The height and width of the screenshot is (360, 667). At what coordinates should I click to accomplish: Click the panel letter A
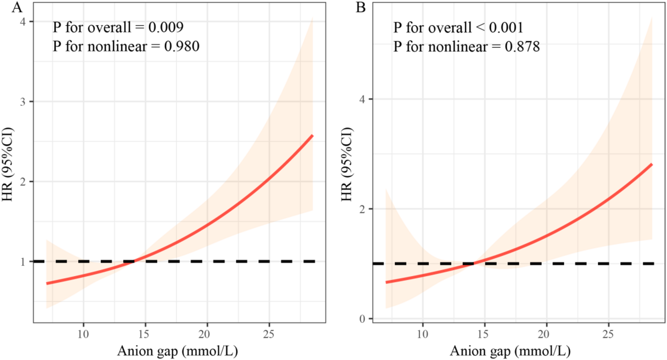(x=17, y=7)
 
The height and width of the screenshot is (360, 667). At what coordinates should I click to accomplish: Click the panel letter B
(x=361, y=7)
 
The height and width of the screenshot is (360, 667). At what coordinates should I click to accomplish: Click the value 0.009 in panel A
(x=166, y=27)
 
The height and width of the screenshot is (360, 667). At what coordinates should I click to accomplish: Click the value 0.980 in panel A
(x=182, y=46)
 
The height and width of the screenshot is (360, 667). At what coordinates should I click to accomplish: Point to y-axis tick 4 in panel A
(x=23, y=22)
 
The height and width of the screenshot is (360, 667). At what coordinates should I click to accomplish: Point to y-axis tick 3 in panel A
(x=23, y=102)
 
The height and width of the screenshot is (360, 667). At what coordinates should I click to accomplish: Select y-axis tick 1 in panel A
(x=23, y=262)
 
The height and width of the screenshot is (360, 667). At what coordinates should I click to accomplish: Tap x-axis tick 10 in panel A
(x=83, y=334)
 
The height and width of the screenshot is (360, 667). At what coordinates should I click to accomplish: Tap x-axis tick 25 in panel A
(x=269, y=334)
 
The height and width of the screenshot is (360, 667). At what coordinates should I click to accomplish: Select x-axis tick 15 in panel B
(x=484, y=334)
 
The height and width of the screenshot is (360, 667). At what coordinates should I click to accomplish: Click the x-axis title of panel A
(x=178, y=351)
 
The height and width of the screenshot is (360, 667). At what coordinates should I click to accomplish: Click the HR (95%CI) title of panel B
(x=346, y=164)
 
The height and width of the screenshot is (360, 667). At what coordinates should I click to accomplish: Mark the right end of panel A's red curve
(x=312, y=136)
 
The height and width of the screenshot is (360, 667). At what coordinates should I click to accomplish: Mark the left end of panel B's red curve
(x=386, y=282)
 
